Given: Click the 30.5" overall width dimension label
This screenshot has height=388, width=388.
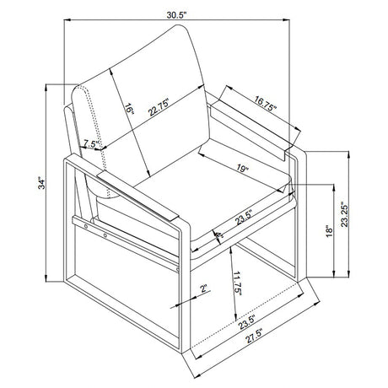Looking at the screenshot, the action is (x=176, y=15).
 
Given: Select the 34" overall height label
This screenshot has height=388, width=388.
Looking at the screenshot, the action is (x=41, y=183).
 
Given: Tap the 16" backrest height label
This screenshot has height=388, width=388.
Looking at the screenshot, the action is (x=130, y=109).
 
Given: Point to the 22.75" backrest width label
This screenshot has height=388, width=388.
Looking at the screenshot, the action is (x=159, y=107).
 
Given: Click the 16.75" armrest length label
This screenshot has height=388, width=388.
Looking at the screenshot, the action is (x=266, y=103).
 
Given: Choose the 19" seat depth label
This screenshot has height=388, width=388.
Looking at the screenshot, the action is (x=243, y=169).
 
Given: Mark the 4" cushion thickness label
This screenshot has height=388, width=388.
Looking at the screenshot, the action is (x=219, y=238).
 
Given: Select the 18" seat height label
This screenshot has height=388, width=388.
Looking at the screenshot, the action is (x=329, y=231).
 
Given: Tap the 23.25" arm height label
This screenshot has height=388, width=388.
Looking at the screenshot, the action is (x=344, y=214).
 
